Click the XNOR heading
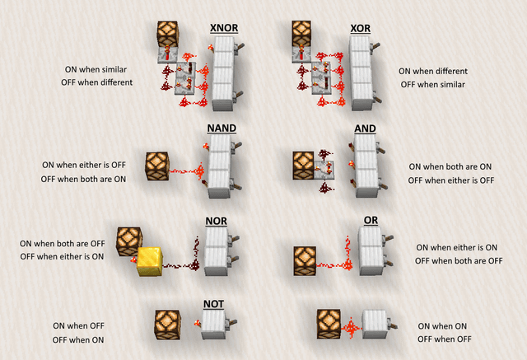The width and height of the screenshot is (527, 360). (223, 29)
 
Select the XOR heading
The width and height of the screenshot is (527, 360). (360, 29)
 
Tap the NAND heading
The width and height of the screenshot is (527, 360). (220, 129)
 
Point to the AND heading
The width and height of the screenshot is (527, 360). (365, 129)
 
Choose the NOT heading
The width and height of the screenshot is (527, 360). (213, 305)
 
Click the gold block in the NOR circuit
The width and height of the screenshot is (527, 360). (153, 260)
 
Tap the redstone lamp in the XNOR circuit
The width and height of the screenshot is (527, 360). (170, 35)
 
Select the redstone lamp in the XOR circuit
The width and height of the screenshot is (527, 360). (305, 35)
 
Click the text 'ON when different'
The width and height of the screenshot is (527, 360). (432, 72)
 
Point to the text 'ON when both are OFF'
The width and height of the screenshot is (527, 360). (63, 244)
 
